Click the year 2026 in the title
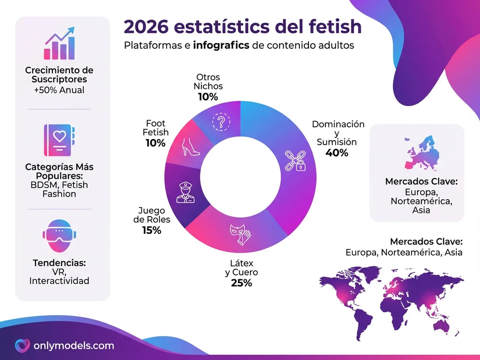tap(148, 27)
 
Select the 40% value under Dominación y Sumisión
tap(337, 152)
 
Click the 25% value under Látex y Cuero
tap(241, 283)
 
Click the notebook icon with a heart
tap(59, 139)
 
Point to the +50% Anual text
tap(59, 90)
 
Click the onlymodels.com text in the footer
tap(74, 346)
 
